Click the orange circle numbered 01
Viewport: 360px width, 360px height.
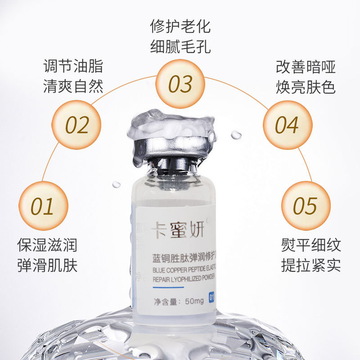pos(43,206)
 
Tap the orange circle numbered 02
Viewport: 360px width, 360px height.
pos(76,124)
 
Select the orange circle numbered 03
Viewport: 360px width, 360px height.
pos(180,84)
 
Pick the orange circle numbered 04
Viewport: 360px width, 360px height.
pos(287,125)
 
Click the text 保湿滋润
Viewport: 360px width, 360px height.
pos(47,245)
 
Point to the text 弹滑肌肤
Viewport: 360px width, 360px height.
pos(47,265)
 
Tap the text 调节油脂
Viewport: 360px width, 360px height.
pos(73,66)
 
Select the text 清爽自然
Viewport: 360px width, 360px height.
pos(73,85)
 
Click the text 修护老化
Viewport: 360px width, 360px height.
pos(180,26)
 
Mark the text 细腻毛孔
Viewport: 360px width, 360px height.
pos(180,46)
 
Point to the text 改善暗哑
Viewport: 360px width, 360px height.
pos(306,67)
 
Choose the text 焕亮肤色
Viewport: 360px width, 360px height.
pos(306,86)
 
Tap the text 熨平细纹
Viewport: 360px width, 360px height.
pos(311,245)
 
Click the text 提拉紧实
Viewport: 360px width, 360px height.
pos(311,265)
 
